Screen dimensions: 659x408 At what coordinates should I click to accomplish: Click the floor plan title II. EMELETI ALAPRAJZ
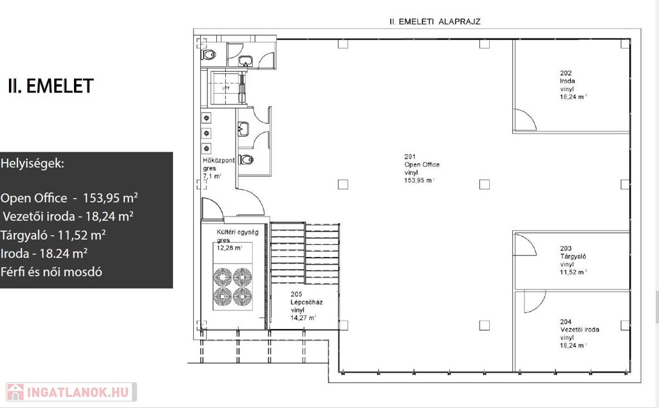(435, 21)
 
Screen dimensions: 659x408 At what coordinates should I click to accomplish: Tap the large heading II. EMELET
(50, 86)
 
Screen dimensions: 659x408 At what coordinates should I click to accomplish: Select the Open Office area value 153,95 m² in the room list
(111, 198)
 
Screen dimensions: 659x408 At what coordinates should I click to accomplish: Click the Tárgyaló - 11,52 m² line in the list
(53, 235)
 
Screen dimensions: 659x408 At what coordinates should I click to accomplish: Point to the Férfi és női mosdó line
(51, 272)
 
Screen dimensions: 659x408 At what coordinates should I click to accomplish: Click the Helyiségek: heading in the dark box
(32, 163)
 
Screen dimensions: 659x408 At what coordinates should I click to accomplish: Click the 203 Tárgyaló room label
(573, 260)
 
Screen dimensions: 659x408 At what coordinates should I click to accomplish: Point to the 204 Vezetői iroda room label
(580, 333)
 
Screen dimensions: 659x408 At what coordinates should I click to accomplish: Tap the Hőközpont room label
(219, 168)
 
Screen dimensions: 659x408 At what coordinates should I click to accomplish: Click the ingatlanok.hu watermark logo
(71, 392)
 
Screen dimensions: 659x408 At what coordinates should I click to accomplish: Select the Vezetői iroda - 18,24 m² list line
(68, 216)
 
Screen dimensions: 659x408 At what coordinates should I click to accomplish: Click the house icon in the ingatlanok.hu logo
(15, 392)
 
